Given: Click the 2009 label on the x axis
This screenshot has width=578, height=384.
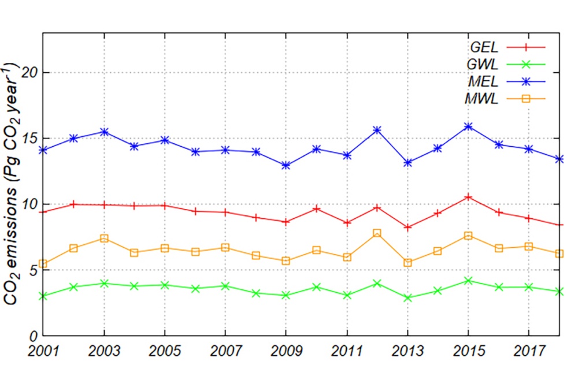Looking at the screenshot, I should (x=286, y=352).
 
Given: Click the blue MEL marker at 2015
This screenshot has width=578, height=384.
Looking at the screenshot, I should (x=468, y=126).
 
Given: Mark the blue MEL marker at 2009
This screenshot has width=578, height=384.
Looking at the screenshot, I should (x=286, y=166).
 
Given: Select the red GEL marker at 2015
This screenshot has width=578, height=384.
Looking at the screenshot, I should (x=468, y=197).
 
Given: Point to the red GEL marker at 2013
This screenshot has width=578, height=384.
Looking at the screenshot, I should (x=407, y=227).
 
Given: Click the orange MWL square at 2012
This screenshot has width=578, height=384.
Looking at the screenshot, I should (x=377, y=233).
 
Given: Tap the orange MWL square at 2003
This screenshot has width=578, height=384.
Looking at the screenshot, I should (x=104, y=238).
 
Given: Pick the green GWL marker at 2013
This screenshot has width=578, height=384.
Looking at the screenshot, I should (x=407, y=298).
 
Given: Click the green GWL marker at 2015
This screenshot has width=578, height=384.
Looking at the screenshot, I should (x=468, y=281).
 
